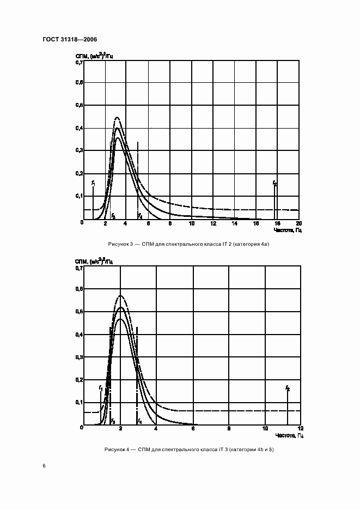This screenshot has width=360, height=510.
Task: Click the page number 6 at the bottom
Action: (44, 466)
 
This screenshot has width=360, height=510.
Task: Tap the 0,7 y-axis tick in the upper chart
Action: (79, 63)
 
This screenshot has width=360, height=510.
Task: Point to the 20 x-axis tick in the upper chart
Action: (298, 224)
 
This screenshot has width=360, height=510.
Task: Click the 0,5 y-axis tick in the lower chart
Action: (79, 312)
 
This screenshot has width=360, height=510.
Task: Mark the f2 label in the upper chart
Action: (275, 184)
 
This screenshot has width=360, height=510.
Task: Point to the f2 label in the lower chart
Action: (288, 388)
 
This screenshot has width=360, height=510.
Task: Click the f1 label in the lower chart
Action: (101, 387)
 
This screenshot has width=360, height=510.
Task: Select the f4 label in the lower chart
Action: (139, 421)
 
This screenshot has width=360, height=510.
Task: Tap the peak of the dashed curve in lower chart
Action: (120, 296)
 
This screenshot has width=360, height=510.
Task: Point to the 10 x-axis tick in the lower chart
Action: (265, 428)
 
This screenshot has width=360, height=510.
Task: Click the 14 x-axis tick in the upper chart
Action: (234, 224)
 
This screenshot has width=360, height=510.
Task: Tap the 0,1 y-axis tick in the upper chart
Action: (79, 196)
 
